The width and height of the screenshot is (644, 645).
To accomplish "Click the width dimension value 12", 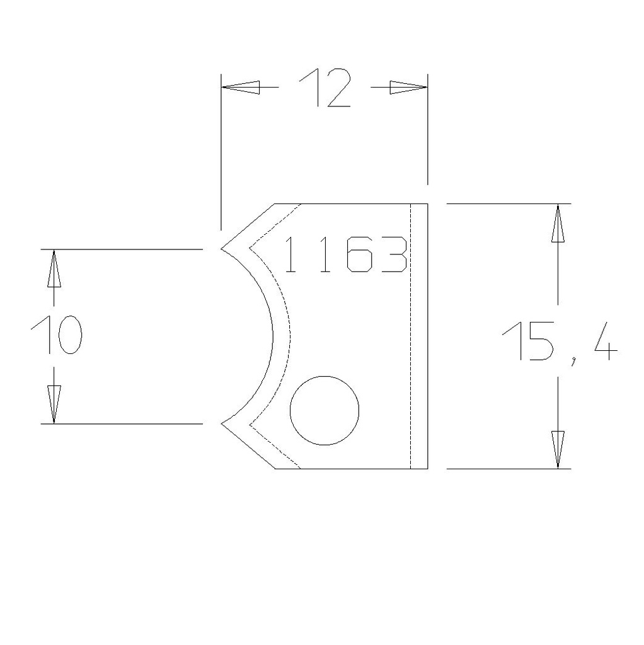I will (x=324, y=88).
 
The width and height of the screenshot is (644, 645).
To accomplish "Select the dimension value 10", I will (x=55, y=335).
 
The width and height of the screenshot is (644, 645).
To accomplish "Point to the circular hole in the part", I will (x=325, y=410).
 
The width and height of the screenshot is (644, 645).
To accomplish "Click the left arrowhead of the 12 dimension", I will (x=241, y=88).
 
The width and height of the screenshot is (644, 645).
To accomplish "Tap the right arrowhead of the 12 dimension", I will (x=408, y=88).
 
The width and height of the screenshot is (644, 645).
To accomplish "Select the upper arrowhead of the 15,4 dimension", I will (x=558, y=224).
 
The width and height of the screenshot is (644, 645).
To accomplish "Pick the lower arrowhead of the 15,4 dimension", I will (x=558, y=449).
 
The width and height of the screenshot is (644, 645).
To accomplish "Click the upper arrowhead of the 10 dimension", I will (x=54, y=269).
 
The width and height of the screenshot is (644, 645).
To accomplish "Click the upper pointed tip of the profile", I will (x=221, y=249).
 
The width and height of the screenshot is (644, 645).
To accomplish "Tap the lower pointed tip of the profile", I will (x=221, y=423).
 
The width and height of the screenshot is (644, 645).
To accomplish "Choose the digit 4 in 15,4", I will (x=604, y=341).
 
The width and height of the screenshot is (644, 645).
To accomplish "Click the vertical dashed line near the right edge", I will (x=410, y=336).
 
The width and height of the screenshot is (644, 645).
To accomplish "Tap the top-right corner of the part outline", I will (x=428, y=203).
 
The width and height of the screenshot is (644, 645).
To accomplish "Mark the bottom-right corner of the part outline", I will (x=428, y=469).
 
